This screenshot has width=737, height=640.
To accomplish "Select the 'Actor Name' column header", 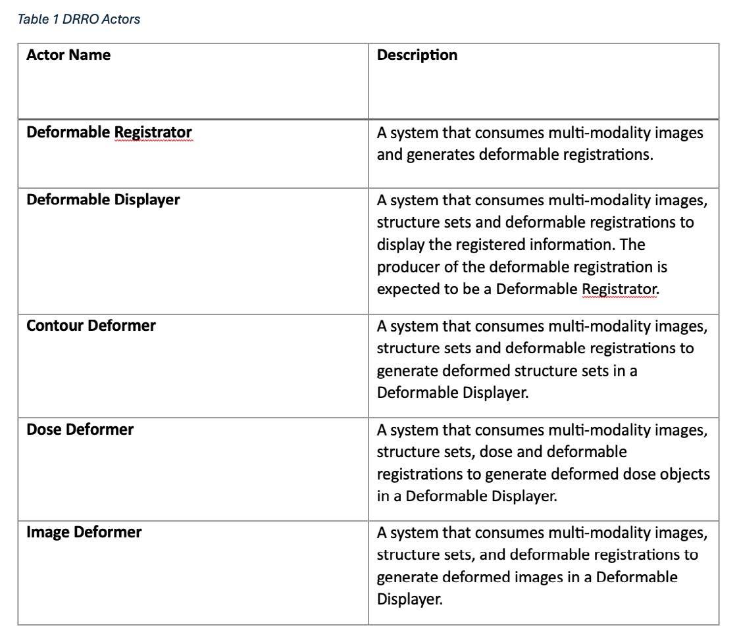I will tap(68, 55).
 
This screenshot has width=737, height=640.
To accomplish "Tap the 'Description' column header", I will tap(417, 55).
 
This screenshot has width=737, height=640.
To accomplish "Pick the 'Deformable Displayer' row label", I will tap(103, 200).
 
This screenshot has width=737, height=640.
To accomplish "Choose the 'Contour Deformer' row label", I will tap(91, 325).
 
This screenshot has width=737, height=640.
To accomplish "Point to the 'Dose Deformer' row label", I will tap(80, 430).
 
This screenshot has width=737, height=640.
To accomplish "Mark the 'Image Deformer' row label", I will tap(84, 532).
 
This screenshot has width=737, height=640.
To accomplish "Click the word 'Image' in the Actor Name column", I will tap(46, 532).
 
